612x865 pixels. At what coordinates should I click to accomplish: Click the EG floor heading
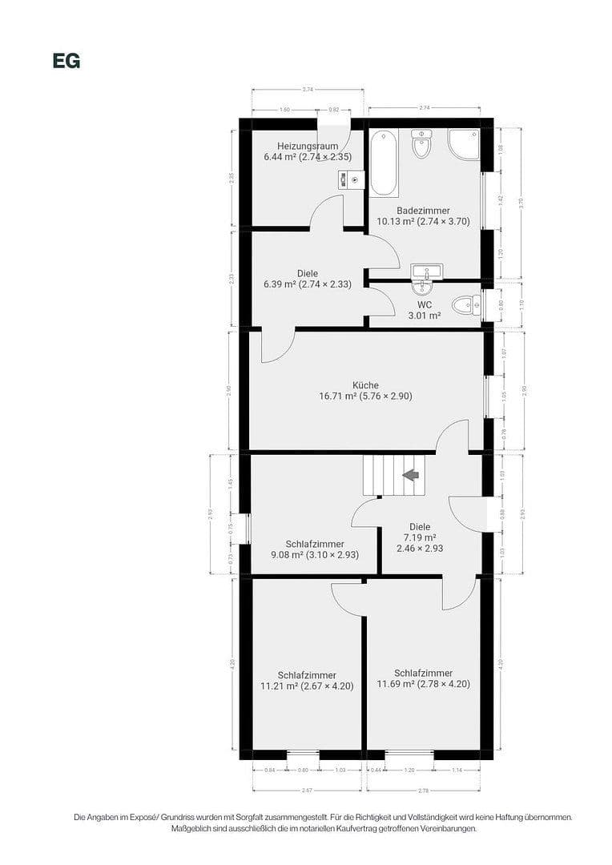[x=66, y=61]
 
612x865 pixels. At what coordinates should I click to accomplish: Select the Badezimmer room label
[x=423, y=211]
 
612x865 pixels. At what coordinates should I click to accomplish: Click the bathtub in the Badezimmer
[x=383, y=163]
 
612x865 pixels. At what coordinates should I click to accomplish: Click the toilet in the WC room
[x=464, y=305]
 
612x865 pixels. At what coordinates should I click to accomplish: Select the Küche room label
[x=365, y=385]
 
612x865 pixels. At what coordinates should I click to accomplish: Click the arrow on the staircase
[x=411, y=475]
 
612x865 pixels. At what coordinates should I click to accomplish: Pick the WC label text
[x=425, y=305]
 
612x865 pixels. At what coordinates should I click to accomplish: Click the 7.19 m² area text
[x=420, y=537]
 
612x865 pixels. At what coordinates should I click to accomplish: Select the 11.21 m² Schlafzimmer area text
[x=276, y=686]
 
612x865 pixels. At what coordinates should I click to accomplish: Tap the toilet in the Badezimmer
[x=421, y=144]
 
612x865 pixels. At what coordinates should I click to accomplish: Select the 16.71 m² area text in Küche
[x=337, y=396]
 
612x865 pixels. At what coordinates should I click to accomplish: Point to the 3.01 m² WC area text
[x=425, y=316]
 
